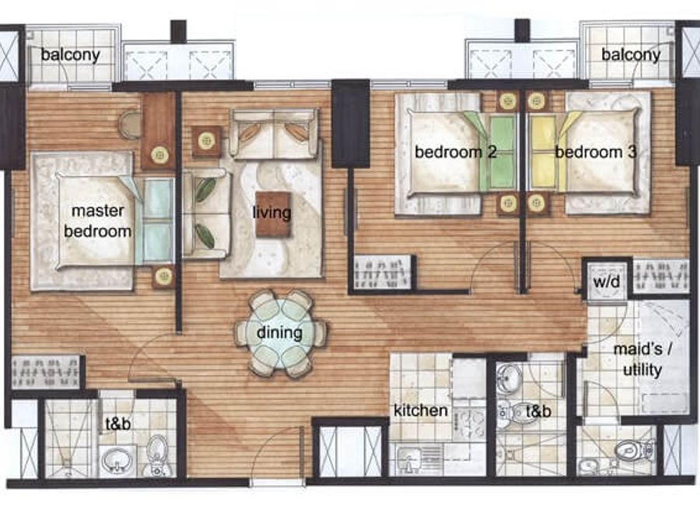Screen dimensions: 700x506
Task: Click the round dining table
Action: (x=280, y=333)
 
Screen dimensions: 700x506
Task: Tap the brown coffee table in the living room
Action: (x=273, y=214)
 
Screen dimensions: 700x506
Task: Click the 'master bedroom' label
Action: (x=98, y=221)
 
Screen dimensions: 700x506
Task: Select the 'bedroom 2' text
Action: (x=455, y=152)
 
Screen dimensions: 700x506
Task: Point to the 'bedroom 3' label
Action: (x=596, y=152)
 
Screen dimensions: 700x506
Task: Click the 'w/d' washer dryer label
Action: (x=607, y=282)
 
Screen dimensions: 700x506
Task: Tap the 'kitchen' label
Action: (x=421, y=410)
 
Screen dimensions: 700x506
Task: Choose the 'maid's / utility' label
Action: (x=643, y=360)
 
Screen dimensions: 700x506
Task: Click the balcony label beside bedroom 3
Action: (x=631, y=54)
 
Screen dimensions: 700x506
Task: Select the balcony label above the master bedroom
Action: (x=71, y=54)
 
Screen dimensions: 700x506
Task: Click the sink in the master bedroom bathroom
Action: (x=117, y=460)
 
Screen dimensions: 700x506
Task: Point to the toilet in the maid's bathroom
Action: (x=635, y=450)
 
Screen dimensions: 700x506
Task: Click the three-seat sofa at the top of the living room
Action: (x=274, y=134)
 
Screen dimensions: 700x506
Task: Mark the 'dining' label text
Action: (x=279, y=332)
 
